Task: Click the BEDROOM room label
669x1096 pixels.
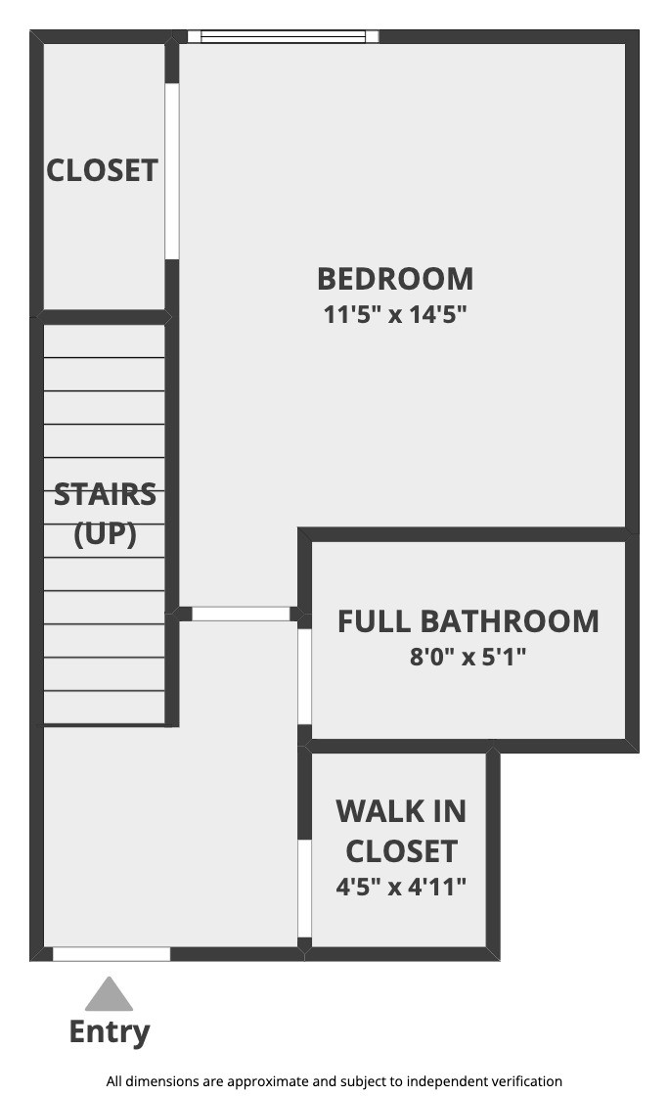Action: point(395,279)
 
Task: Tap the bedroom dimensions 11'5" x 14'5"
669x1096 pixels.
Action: point(394,314)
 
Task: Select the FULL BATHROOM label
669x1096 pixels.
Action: point(468,621)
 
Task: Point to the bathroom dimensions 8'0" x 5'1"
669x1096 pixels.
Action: point(468,657)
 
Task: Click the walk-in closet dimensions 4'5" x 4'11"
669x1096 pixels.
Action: point(401,887)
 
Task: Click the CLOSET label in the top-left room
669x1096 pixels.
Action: point(102,170)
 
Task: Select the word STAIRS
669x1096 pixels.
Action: point(105,494)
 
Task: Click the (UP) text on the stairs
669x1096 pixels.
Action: point(105,534)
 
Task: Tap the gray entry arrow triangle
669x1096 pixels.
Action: point(109,995)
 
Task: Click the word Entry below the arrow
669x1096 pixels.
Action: point(110,1031)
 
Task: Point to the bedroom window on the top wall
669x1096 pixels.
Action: point(283,36)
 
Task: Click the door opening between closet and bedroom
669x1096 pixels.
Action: point(172,171)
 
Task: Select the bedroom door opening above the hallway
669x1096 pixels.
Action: point(241,614)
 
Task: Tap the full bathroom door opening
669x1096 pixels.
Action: point(304,676)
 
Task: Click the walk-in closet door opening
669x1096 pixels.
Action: point(304,889)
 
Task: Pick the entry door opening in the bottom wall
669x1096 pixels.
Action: point(111,954)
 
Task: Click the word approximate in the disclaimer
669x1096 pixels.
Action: point(267,1081)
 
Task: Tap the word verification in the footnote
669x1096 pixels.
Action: point(526,1081)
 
